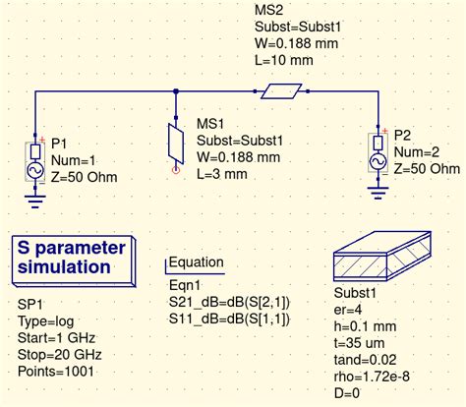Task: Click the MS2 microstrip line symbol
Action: (281, 91)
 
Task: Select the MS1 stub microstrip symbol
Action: (176, 144)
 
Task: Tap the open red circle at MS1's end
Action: (176, 170)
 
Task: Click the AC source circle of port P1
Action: (34, 170)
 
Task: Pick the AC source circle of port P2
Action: (379, 162)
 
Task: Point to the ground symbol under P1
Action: (35, 201)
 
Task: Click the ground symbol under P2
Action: (379, 193)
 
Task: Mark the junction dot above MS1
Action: (176, 91)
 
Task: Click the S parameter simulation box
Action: (74, 262)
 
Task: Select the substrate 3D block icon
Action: (382, 256)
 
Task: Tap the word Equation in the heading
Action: (197, 262)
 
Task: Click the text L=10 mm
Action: (284, 60)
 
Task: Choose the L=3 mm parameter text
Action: (222, 174)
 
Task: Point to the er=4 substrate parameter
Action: (348, 310)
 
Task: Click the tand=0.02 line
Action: (365, 360)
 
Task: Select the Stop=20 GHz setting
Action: (60, 355)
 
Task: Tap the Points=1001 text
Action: (56, 372)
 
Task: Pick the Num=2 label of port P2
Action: (417, 152)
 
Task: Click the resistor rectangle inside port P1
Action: (35, 152)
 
